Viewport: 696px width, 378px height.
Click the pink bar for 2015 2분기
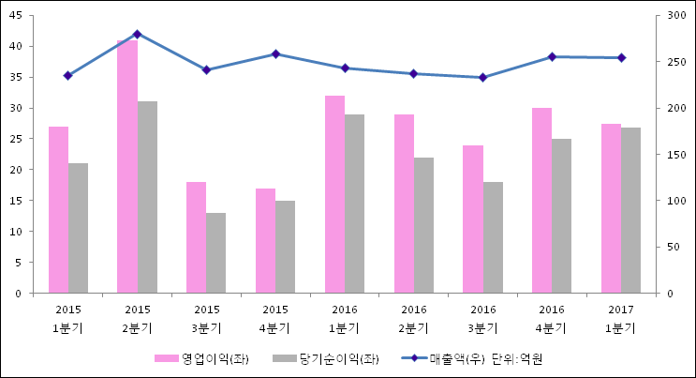[x=127, y=167]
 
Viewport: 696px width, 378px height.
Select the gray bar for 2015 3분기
[x=215, y=253]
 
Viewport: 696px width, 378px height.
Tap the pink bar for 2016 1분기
[x=334, y=194]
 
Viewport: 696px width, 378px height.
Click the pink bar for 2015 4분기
[x=265, y=241]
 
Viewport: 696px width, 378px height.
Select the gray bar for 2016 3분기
[x=493, y=237]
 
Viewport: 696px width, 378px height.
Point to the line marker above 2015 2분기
[x=138, y=34]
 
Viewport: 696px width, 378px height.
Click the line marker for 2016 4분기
[x=552, y=57]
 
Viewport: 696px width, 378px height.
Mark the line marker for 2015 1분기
[x=67, y=75]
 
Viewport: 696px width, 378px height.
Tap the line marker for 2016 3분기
[x=482, y=77]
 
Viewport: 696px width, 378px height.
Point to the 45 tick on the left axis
[x=20, y=16]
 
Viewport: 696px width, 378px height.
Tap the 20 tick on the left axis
[x=20, y=170]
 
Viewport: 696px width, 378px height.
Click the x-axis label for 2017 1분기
[x=620, y=318]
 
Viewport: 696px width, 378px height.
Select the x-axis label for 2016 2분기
[x=413, y=318]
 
